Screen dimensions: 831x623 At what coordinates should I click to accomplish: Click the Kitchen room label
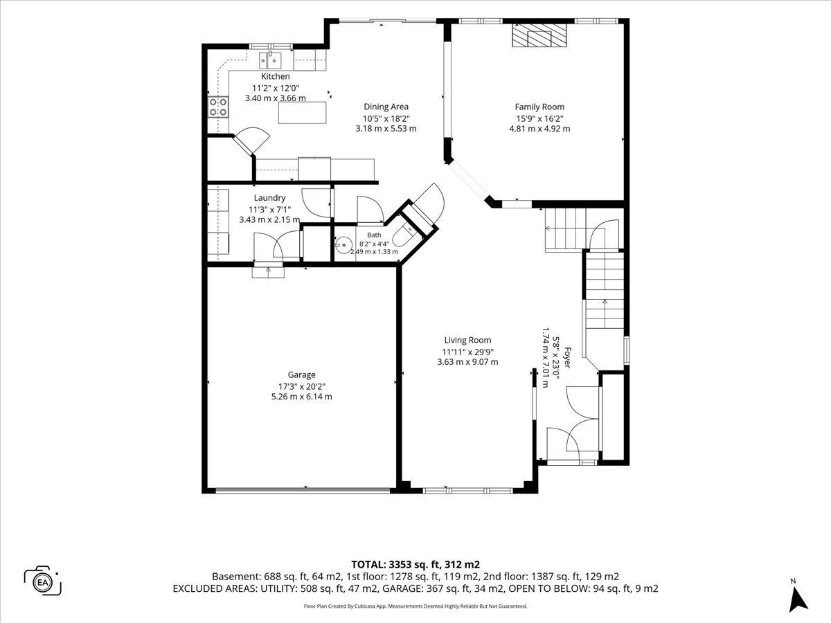coord(275,76)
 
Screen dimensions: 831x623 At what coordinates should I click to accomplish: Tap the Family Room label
coord(539,107)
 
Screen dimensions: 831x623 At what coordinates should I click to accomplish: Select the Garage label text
coord(302,375)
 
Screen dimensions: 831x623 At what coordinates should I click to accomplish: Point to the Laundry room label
coord(269,198)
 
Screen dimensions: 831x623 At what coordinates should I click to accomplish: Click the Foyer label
coord(567,357)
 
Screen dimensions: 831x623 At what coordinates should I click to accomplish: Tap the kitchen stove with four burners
coord(218,107)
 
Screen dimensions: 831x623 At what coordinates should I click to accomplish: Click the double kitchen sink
coord(270,60)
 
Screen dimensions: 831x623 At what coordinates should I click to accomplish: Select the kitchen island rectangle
coord(302,112)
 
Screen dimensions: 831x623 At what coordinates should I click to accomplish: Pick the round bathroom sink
coord(343,245)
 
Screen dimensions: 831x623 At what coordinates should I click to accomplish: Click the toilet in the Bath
coord(404,235)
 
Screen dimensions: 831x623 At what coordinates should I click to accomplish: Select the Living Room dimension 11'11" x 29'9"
coord(468,352)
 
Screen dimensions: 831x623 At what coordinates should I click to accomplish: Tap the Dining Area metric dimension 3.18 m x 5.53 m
coord(386,129)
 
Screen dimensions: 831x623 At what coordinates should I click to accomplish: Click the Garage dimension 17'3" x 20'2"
coord(302,386)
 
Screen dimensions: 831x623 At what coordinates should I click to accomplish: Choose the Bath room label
coord(374,235)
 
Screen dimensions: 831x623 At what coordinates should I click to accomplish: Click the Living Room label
coord(468,340)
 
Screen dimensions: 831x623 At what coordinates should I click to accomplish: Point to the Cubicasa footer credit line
coord(415,606)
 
